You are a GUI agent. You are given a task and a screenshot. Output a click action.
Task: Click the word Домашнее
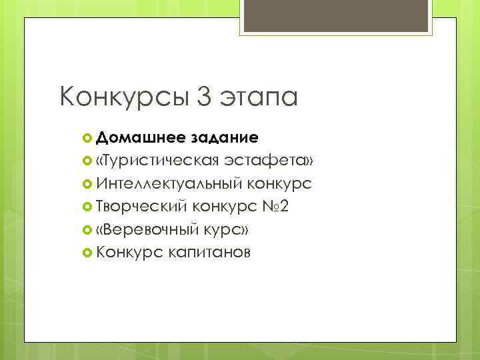pyautogui.click(x=139, y=138)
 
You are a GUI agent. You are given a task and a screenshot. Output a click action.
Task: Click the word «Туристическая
pyautogui.click(x=157, y=161)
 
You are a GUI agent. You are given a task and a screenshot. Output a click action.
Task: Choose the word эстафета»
pyautogui.click(x=274, y=161)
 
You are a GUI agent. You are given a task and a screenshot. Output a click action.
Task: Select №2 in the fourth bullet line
pyautogui.click(x=275, y=206)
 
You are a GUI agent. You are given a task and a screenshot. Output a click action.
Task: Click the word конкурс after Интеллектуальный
pyautogui.click(x=279, y=183)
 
